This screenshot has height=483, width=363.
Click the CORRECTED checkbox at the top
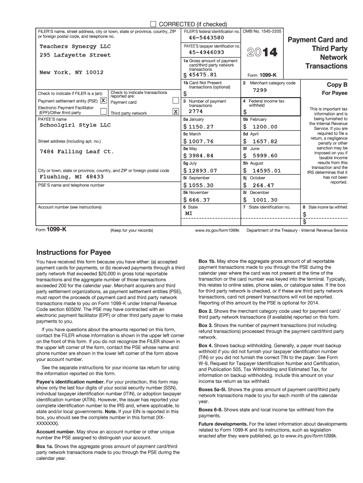(153, 24)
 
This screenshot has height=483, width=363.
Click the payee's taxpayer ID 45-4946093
(206, 52)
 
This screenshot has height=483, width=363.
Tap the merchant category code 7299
(260, 90)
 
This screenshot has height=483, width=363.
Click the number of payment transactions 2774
(196, 112)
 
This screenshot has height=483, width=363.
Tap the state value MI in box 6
(189, 213)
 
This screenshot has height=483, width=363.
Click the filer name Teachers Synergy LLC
(75, 47)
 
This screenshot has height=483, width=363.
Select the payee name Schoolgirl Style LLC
(75, 125)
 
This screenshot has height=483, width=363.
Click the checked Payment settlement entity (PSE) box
(103, 101)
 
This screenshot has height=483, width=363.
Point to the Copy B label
(337, 85)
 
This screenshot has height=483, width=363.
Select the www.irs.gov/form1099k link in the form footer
(217, 230)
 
